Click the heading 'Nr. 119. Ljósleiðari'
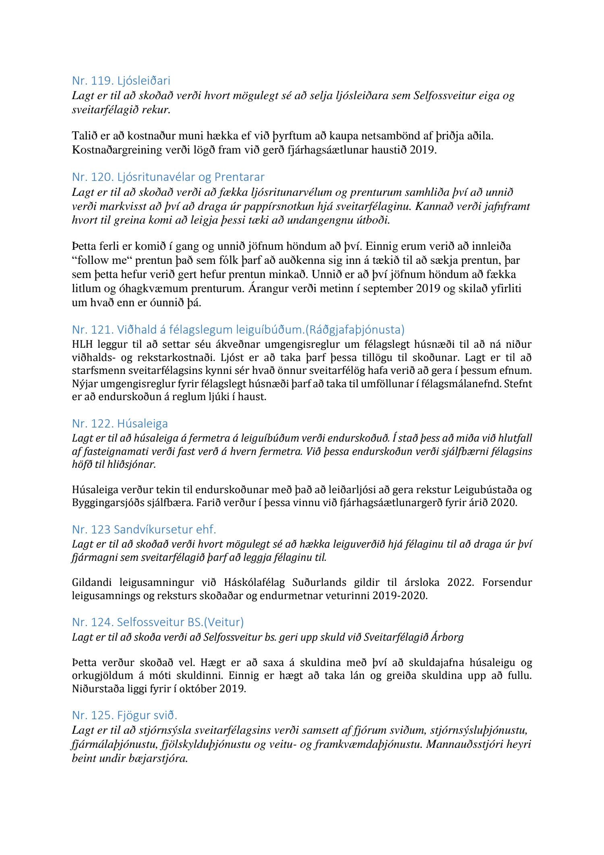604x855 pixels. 121,81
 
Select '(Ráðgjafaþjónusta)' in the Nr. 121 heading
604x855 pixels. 355,330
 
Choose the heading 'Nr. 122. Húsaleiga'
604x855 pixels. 120,424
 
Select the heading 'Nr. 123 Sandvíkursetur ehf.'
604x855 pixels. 144,529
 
